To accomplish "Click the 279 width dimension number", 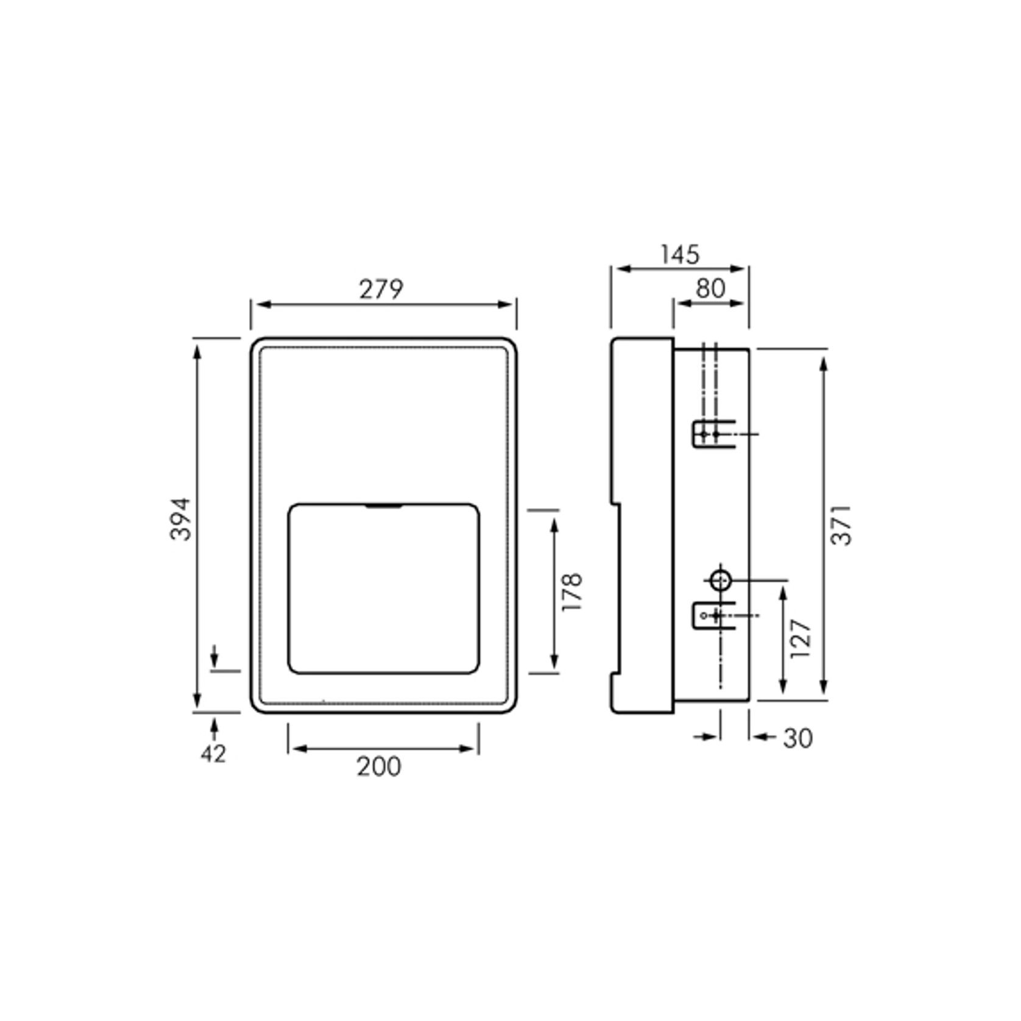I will (381, 289).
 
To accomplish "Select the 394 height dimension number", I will (181, 519).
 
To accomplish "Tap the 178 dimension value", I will (573, 592).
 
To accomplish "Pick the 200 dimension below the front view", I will (379, 766).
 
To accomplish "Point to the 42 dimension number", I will (213, 754).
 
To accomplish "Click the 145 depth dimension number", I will (680, 255).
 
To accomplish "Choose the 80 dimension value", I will (710, 289).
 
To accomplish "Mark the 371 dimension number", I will (841, 525).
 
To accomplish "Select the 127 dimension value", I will (800, 638).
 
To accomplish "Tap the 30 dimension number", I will (798, 738).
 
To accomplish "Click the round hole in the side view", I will (721, 581).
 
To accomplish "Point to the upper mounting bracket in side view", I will (713, 434).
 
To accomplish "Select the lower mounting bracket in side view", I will (713, 615).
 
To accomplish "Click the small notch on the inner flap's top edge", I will (383, 505).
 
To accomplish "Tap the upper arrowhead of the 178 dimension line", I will (554, 523).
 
